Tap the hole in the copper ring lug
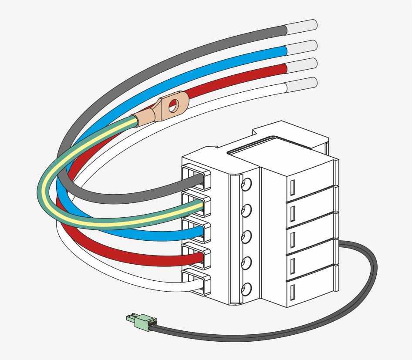click(173, 105)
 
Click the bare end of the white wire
click(301, 84)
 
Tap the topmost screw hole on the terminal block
click(246, 185)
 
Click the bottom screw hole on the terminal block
click(246, 289)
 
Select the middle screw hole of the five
click(246, 237)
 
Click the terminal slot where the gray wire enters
click(196, 178)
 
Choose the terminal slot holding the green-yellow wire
click(196, 205)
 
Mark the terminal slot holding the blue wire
click(196, 231)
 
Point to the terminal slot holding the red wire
click(196, 257)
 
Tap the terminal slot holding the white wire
click(196, 283)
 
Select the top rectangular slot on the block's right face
click(292, 188)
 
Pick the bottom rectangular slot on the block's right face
click(292, 292)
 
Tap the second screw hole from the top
click(246, 211)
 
